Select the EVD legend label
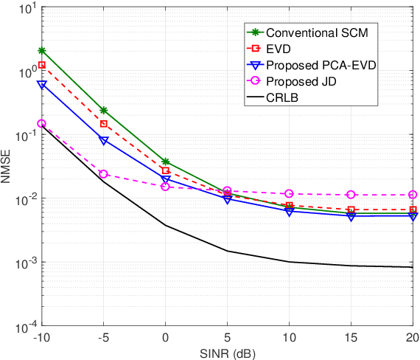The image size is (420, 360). (279, 49)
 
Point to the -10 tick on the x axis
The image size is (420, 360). (41, 337)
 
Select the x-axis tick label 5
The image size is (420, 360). (227, 337)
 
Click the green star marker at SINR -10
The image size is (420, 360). (41, 51)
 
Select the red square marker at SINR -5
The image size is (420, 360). (103, 124)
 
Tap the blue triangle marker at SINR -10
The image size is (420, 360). (41, 85)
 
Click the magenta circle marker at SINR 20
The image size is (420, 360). (413, 195)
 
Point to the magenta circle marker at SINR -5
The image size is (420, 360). (103, 174)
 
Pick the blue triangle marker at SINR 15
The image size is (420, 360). (351, 216)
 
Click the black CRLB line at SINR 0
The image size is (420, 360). (165, 226)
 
